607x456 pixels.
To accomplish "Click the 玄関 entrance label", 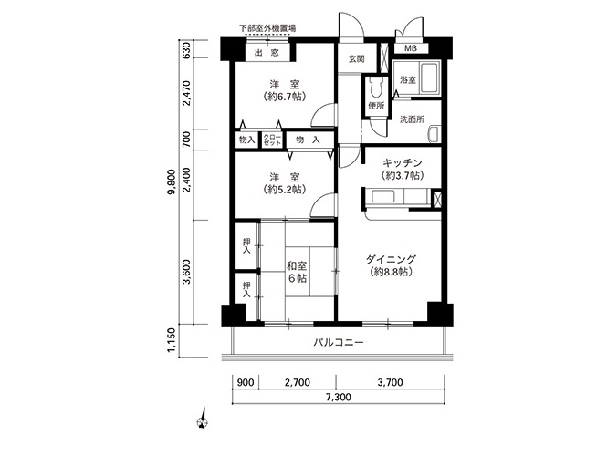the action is tap(356, 59).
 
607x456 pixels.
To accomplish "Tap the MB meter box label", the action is tap(411, 48).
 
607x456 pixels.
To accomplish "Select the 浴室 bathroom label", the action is tap(408, 80).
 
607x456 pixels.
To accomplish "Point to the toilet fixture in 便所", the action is tap(376, 88).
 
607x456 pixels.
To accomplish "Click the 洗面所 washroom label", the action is tap(412, 119).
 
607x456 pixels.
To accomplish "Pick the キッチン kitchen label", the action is tap(402, 162).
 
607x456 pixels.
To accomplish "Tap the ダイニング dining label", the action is tap(391, 259).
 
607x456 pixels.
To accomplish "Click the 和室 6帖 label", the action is tap(297, 272).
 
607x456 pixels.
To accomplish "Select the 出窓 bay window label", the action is tap(267, 53).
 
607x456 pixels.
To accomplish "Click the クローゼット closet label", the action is tap(272, 140).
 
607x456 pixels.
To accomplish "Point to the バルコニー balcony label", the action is tap(339, 342).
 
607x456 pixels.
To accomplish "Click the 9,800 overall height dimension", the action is tap(173, 182).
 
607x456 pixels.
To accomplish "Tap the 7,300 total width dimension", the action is tap(339, 397).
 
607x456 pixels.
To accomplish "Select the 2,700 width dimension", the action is tap(298, 382).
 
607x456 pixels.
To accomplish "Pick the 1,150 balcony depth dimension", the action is tap(173, 341).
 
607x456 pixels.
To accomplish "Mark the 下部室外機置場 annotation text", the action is tap(267, 28).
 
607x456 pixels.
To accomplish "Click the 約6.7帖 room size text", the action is tap(285, 97).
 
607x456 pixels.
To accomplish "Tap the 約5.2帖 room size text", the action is tap(285, 190).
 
